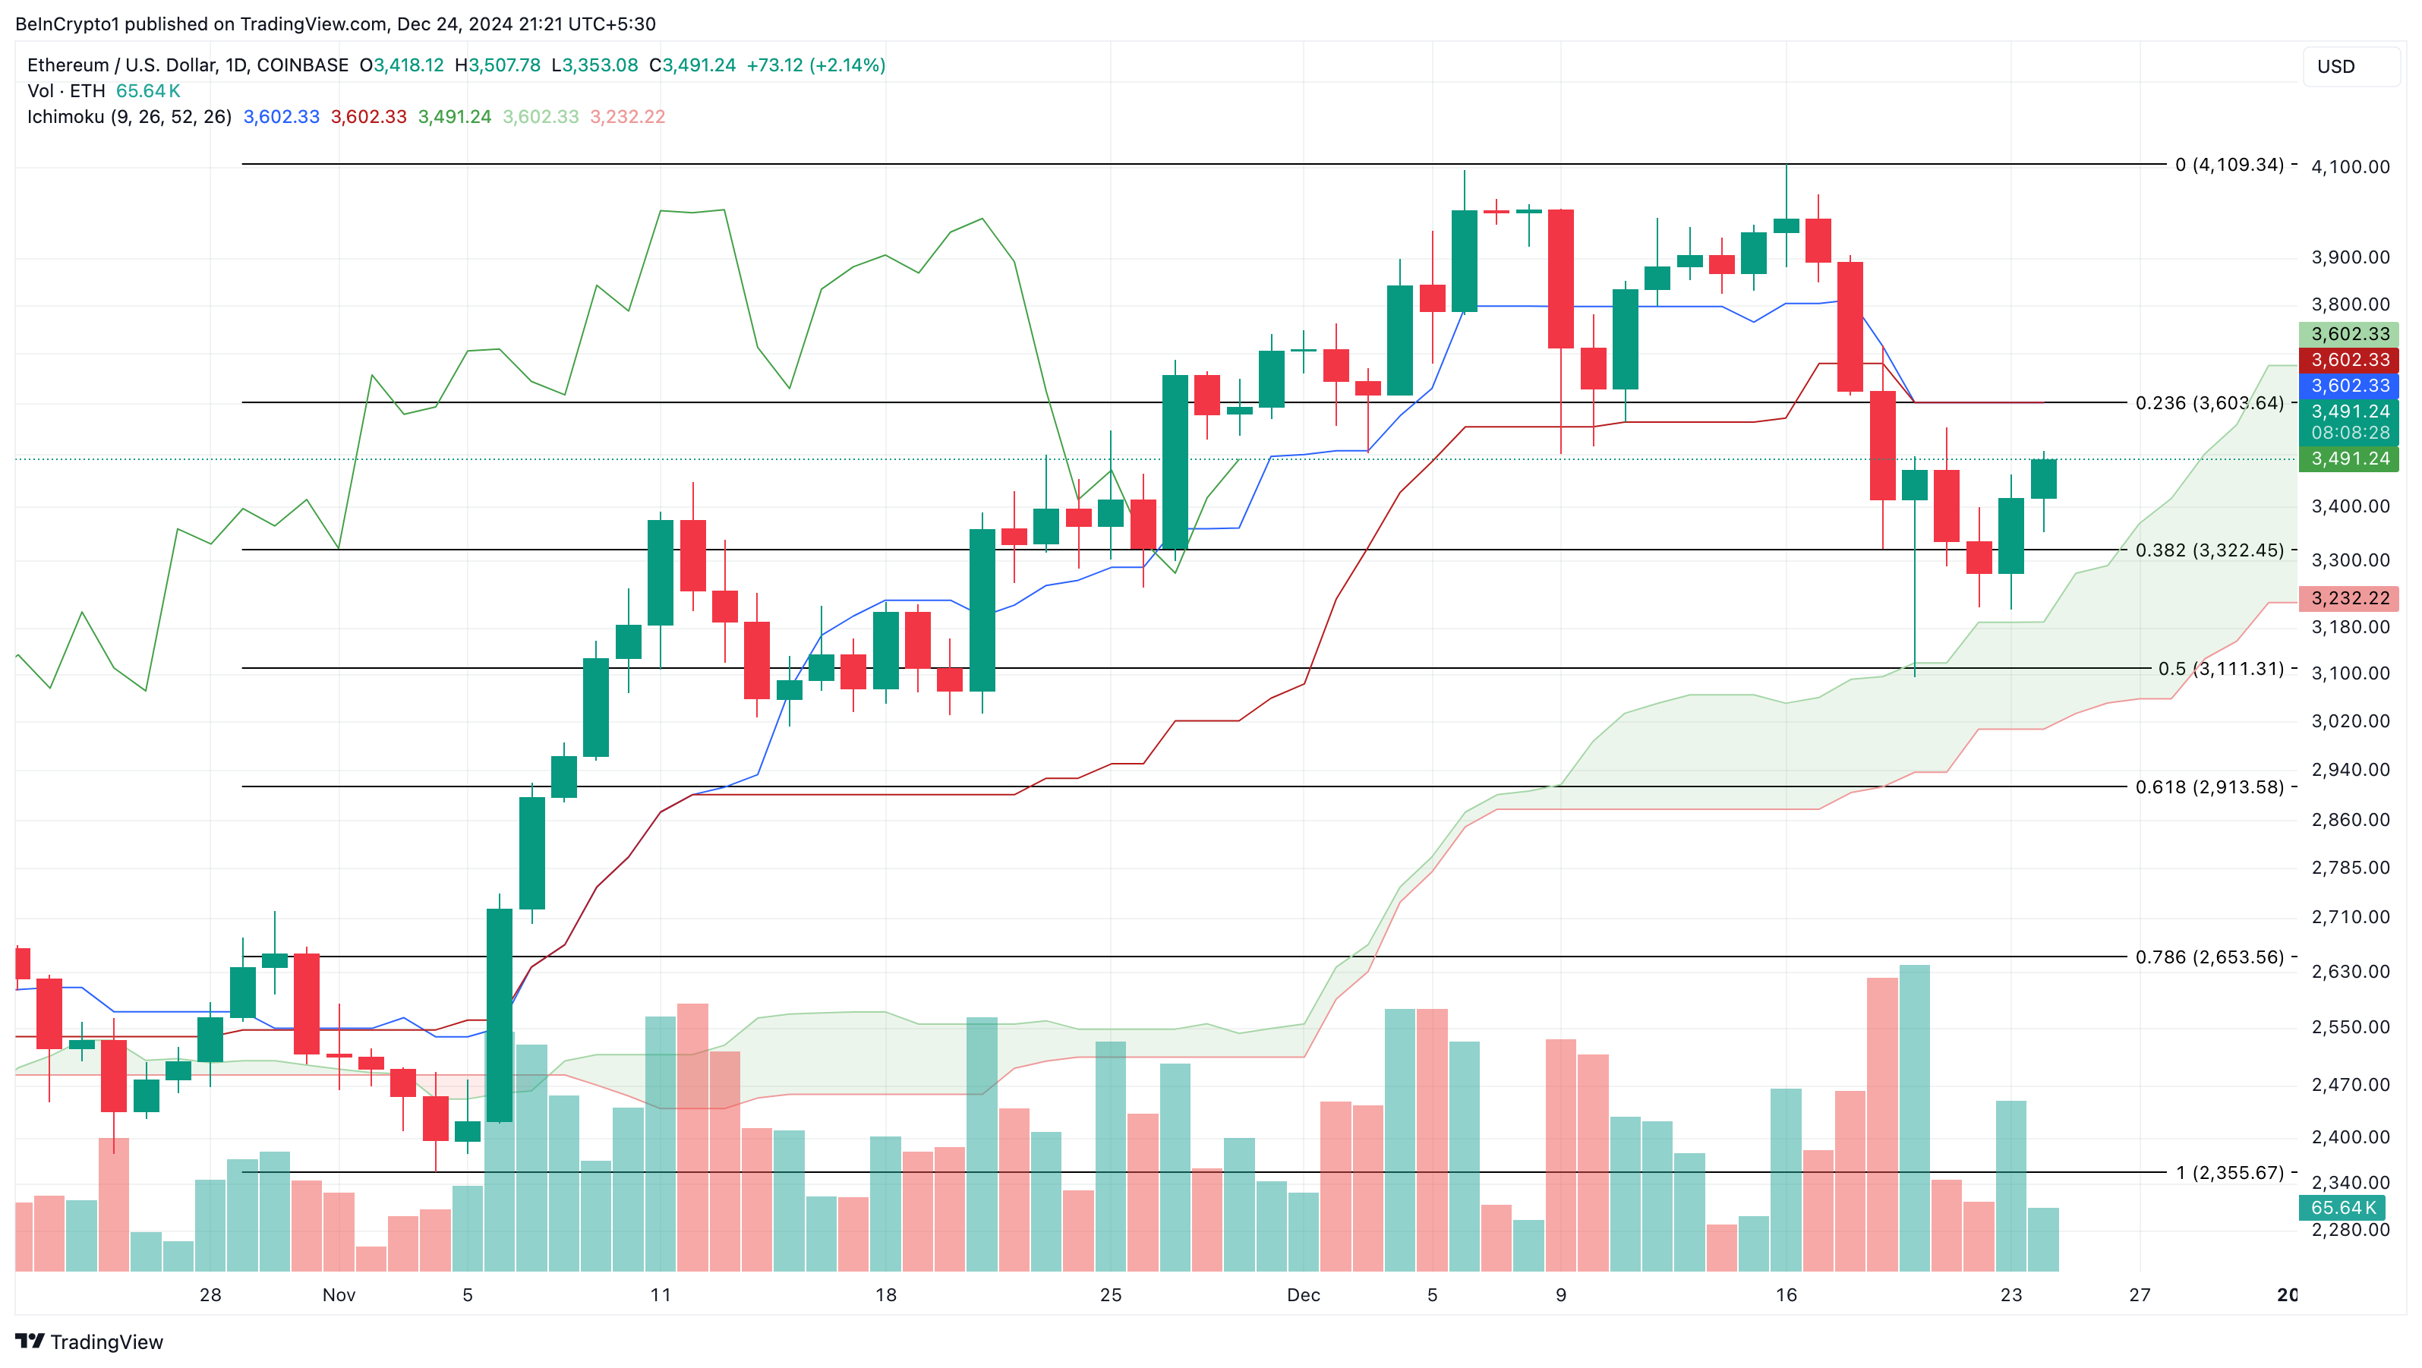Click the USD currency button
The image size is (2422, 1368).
click(x=2348, y=67)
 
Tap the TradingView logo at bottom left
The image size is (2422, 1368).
click(x=90, y=1341)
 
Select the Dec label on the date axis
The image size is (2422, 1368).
click(x=1303, y=1294)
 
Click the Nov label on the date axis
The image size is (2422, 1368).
click(x=339, y=1294)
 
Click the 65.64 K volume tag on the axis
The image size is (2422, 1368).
click(x=2344, y=1207)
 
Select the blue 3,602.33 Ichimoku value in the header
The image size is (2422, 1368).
click(x=281, y=117)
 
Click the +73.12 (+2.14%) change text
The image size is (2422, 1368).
click(x=815, y=65)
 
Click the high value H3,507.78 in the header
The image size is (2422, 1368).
click(x=497, y=65)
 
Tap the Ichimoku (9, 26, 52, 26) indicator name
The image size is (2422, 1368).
click(x=129, y=117)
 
